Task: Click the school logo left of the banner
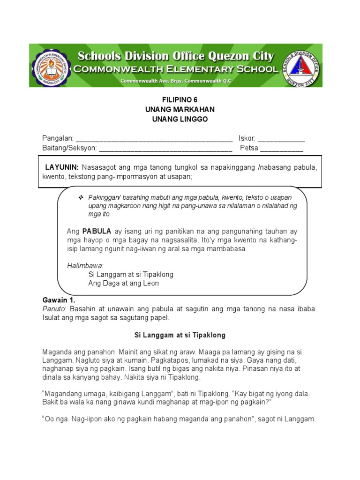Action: click(52, 66)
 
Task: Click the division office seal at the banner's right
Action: click(300, 66)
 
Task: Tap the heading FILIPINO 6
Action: click(180, 100)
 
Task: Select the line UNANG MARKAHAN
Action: click(180, 110)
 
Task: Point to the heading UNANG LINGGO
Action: click(180, 119)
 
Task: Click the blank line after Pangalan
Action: click(154, 139)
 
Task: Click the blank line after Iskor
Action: click(281, 139)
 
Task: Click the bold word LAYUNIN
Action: click(62, 167)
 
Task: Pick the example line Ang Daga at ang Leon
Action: click(123, 283)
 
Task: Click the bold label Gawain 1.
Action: click(59, 300)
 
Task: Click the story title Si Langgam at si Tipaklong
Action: click(180, 335)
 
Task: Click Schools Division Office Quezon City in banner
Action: click(175, 56)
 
